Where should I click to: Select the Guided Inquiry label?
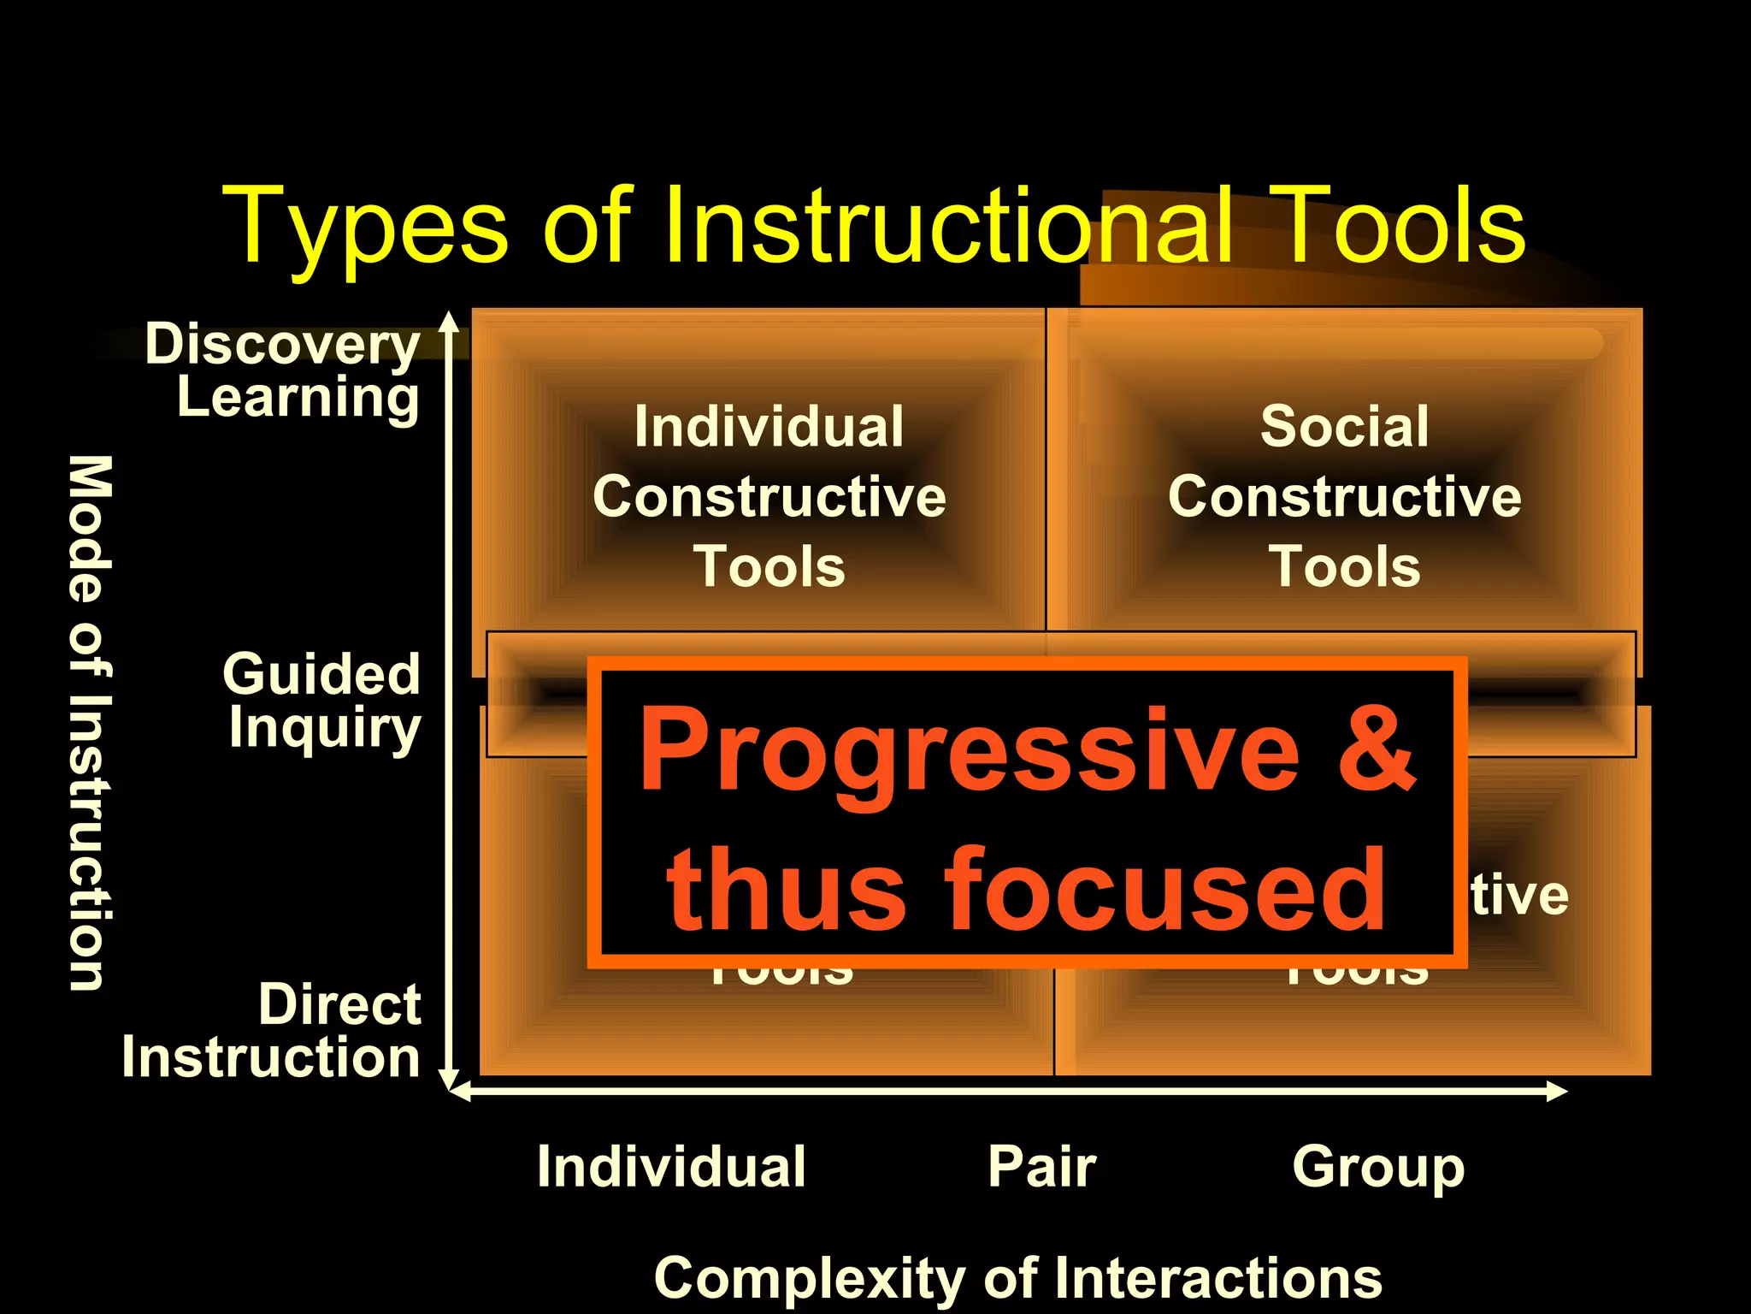pyautogui.click(x=322, y=700)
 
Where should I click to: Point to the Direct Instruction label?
pyautogui.click(x=273, y=1031)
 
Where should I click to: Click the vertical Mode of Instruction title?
pyautogui.click(x=89, y=723)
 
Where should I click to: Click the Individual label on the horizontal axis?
pyautogui.click(x=671, y=1167)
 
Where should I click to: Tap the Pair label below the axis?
pyautogui.click(x=1041, y=1167)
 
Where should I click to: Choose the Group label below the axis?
pyautogui.click(x=1378, y=1167)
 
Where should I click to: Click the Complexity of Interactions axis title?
pyautogui.click(x=1017, y=1278)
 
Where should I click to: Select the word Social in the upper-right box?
pyautogui.click(x=1344, y=426)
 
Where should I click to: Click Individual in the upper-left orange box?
pyautogui.click(x=769, y=426)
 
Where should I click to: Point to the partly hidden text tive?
pyautogui.click(x=1519, y=896)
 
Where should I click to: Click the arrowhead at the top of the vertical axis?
pyautogui.click(x=449, y=321)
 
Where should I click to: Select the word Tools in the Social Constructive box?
pyautogui.click(x=1344, y=566)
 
